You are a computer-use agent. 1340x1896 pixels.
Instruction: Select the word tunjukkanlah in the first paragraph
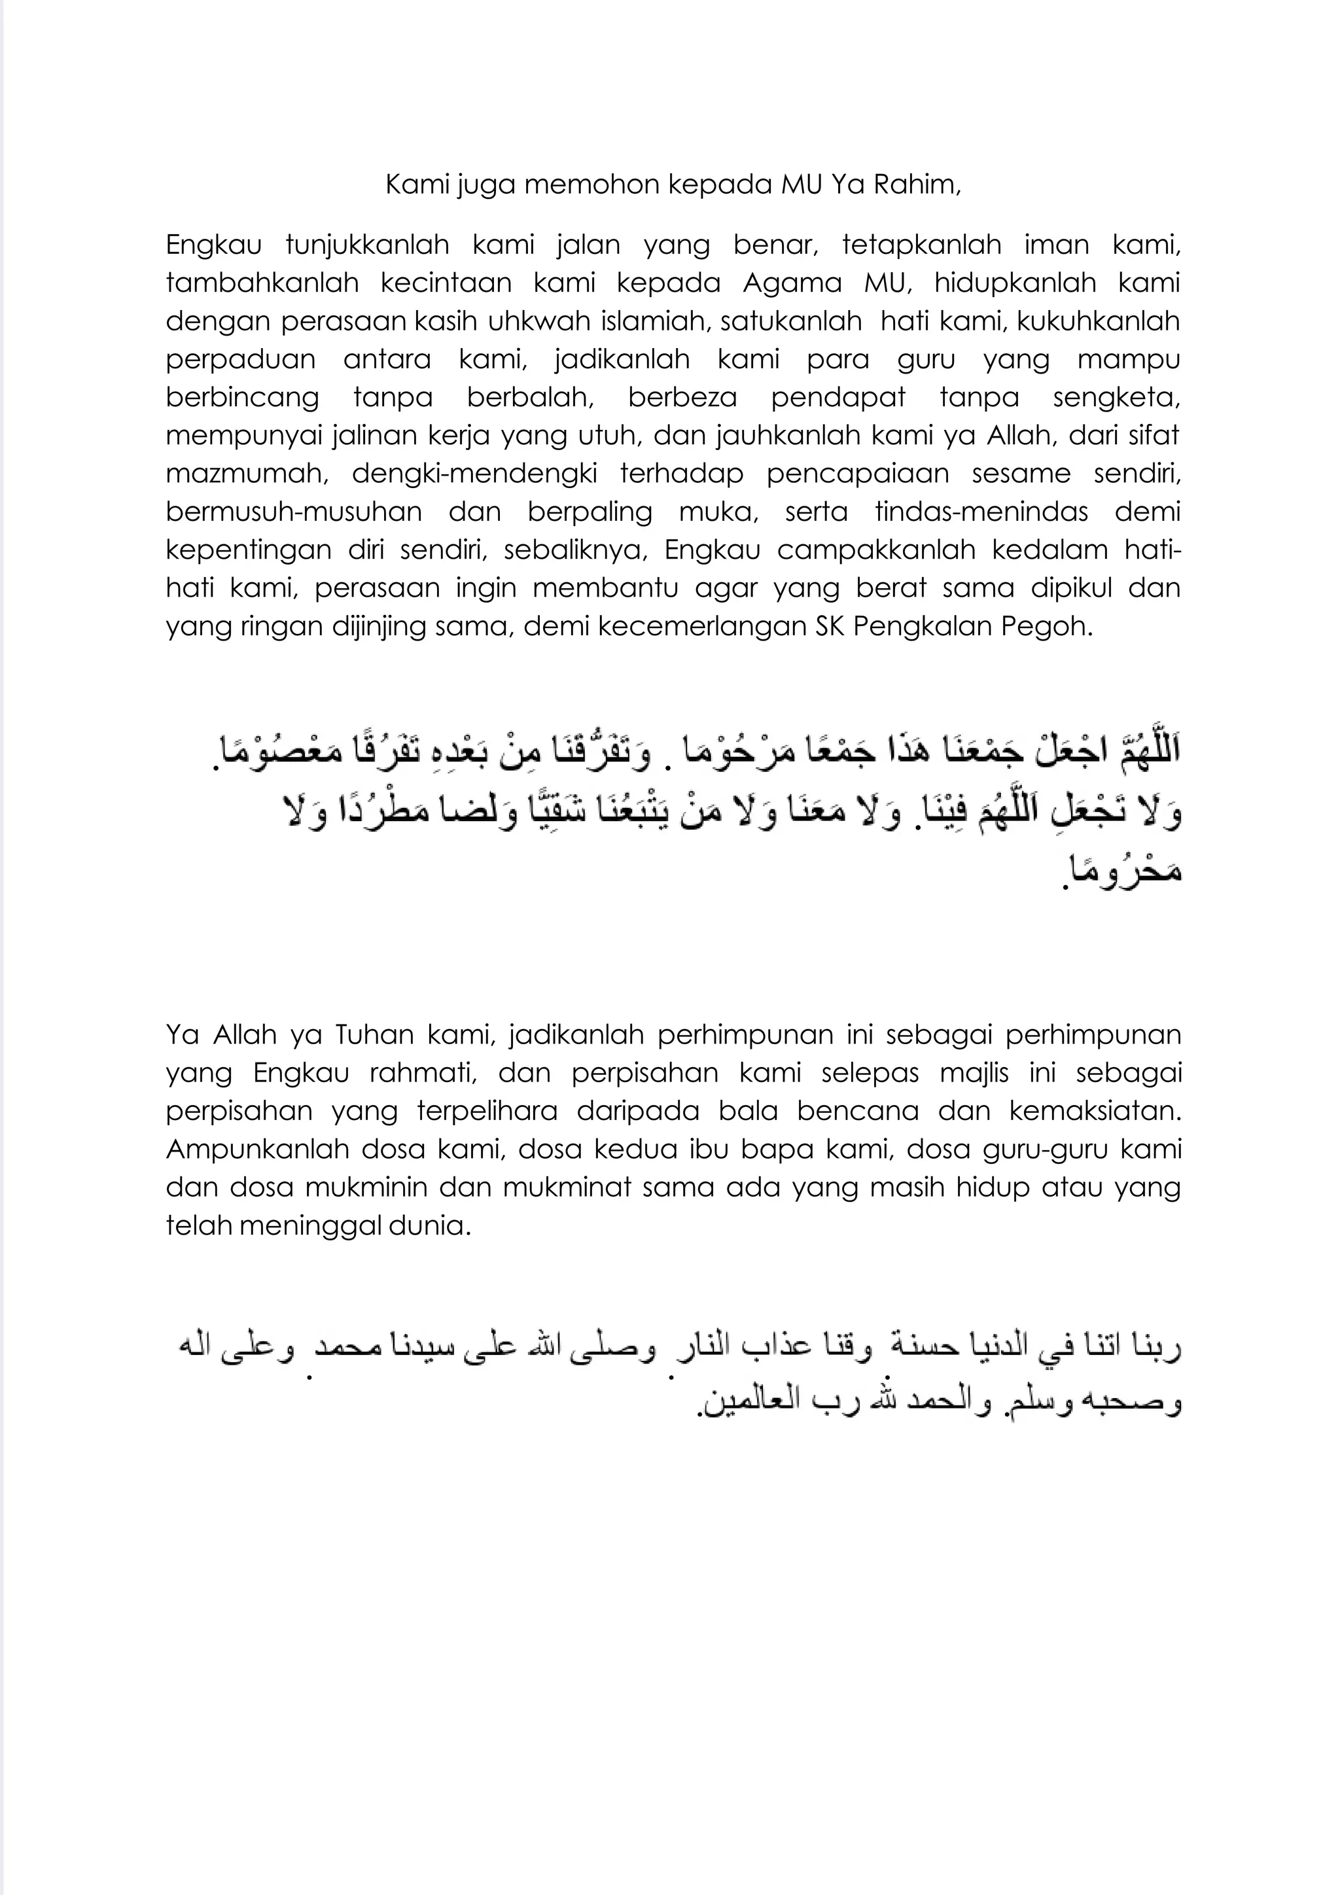point(366,245)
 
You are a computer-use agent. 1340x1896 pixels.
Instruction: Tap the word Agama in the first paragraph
point(792,283)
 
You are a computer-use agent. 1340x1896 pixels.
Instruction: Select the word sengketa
point(1116,397)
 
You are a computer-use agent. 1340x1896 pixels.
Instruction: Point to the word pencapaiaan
point(858,474)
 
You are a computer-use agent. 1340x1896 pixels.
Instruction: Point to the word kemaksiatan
point(1095,1111)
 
